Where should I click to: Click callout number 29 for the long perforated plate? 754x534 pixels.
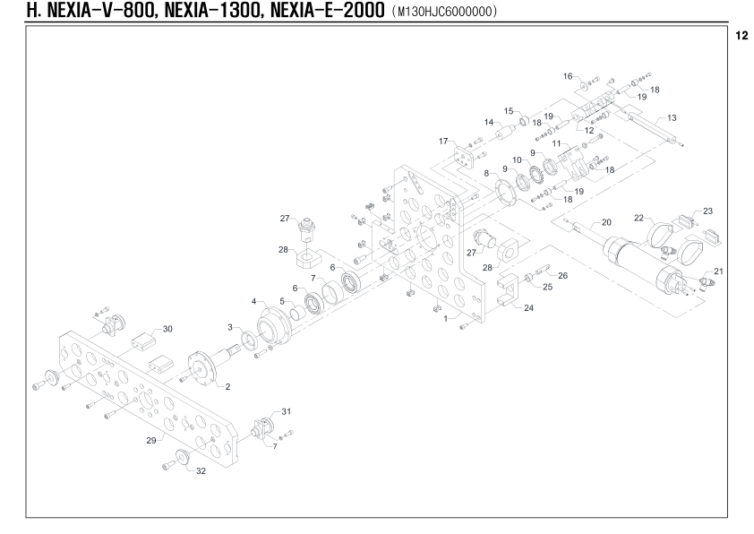151,440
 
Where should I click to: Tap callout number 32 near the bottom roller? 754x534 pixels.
201,471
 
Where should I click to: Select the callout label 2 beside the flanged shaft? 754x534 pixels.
227,387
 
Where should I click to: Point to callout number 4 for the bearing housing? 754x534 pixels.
254,302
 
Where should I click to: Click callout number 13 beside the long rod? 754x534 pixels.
672,118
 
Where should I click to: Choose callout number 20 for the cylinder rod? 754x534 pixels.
606,222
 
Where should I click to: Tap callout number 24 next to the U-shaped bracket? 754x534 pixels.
528,308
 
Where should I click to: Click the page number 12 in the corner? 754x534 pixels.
741,36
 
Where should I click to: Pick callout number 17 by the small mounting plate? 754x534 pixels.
443,142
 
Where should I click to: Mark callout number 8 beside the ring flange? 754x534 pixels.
486,173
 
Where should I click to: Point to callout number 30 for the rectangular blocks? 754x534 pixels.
167,329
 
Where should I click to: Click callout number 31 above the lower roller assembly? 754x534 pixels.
287,412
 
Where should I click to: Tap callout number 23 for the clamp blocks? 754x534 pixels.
707,211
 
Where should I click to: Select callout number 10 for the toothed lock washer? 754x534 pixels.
517,160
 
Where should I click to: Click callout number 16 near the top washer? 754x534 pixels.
568,76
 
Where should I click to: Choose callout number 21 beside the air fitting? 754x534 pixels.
718,271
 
